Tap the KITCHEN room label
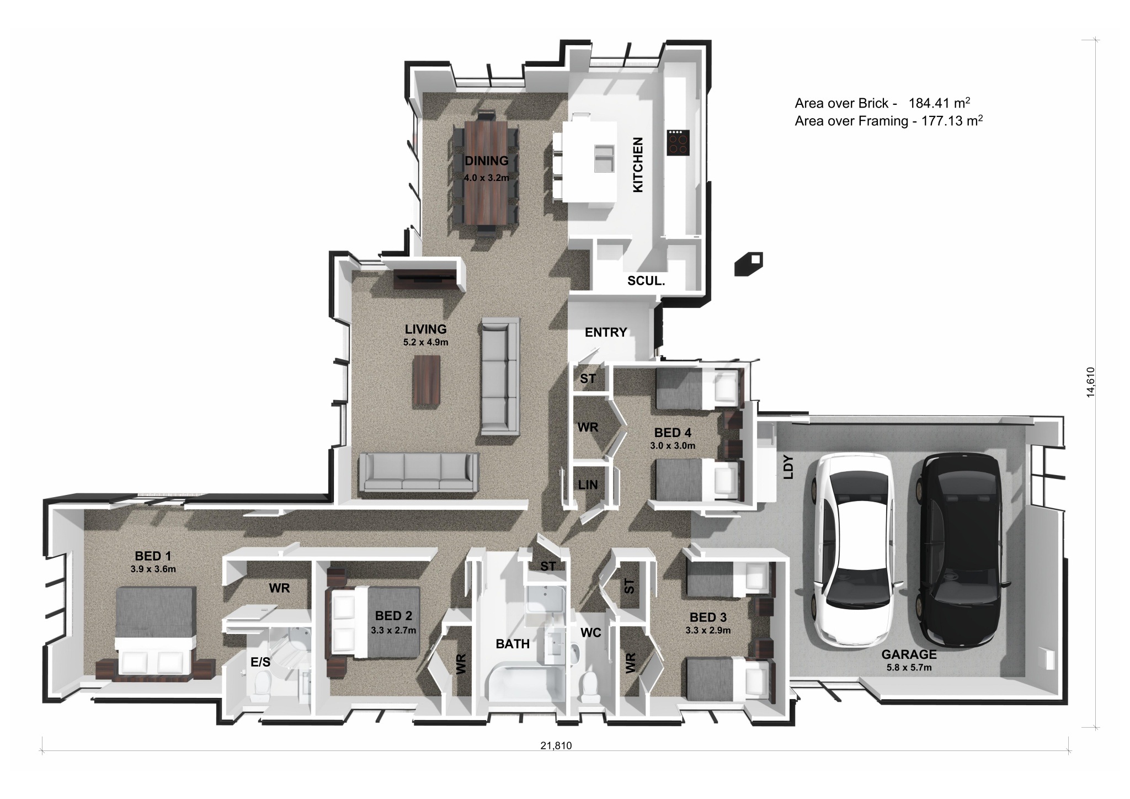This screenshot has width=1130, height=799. [x=638, y=164]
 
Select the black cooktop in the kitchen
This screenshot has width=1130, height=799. [x=678, y=142]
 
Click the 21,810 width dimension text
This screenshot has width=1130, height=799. [x=556, y=745]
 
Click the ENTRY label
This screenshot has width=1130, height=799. [x=606, y=332]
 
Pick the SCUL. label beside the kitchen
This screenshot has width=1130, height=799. [x=646, y=280]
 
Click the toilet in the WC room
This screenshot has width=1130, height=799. [x=591, y=686]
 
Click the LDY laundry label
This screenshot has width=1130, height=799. [x=788, y=467]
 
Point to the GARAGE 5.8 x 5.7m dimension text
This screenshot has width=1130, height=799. [x=909, y=667]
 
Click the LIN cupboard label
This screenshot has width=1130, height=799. [x=588, y=484]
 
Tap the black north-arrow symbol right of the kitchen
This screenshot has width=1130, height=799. [x=749, y=263]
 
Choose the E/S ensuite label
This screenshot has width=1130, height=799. [x=260, y=662]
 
